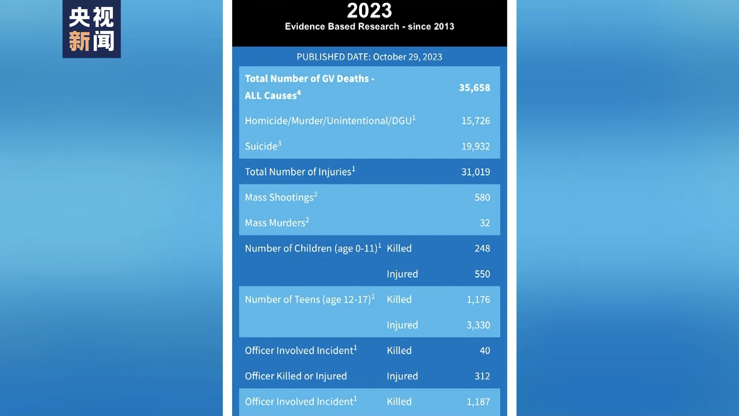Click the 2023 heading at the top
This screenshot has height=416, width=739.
pos(369,11)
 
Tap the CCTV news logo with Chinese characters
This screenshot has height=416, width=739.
pos(92,29)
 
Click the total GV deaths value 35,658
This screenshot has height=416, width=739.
pos(474,88)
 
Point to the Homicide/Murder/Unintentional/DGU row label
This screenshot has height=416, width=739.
pos(330,121)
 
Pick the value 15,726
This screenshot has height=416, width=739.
pos(476,121)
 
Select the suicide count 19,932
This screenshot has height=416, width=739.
pos(476,146)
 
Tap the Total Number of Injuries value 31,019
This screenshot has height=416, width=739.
pos(476,172)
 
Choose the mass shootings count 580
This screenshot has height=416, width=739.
pos(482,198)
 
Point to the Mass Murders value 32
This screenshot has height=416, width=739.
pos(485,223)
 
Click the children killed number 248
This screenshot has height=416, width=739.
pos(482,248)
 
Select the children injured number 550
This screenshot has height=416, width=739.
pos(482,274)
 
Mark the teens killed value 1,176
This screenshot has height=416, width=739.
pos(478,300)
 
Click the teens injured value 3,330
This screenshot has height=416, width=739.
pos(478,325)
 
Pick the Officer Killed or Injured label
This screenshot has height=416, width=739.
pos(296,376)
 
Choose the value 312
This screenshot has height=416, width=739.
pos(482,376)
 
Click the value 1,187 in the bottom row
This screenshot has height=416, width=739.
pos(478,402)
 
